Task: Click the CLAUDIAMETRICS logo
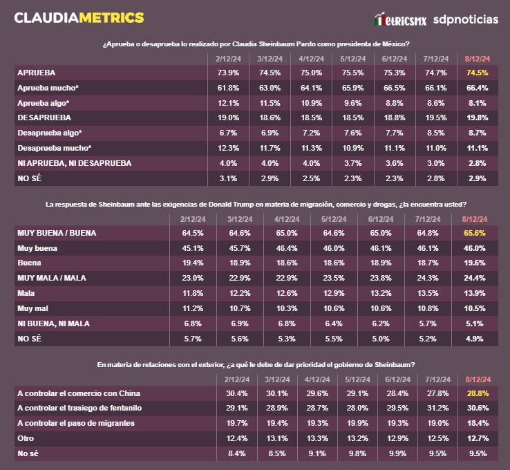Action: click(79, 17)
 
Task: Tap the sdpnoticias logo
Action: click(465, 19)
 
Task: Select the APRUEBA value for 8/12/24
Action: click(478, 72)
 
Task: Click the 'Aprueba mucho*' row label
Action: click(47, 88)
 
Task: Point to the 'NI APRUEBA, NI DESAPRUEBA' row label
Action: click(73, 163)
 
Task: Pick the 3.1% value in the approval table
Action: click(228, 178)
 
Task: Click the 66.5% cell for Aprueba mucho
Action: click(394, 88)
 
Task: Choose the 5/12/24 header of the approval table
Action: click(352, 59)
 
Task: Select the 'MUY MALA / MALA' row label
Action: click(52, 279)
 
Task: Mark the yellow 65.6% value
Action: click(473, 233)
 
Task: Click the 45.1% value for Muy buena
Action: click(191, 248)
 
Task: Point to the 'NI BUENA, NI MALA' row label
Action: click(53, 323)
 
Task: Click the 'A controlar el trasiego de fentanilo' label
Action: click(84, 408)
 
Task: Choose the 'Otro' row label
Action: click(26, 438)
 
